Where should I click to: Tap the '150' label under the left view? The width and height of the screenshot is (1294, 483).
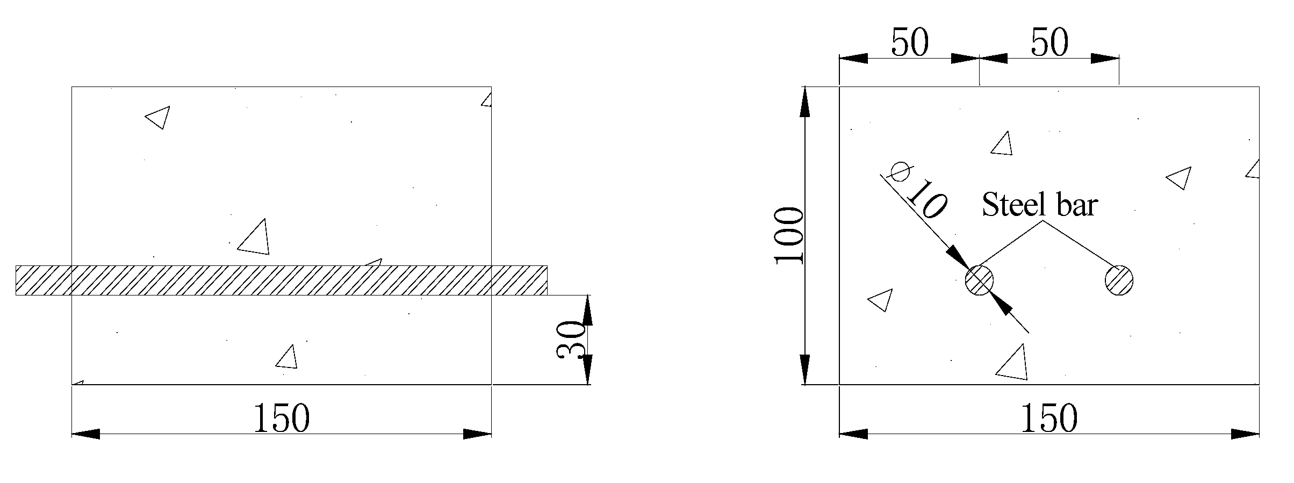click(281, 419)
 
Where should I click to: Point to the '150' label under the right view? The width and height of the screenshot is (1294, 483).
click(1049, 419)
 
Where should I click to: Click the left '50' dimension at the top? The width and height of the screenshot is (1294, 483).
click(909, 42)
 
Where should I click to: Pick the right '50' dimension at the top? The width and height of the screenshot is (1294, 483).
click(1049, 42)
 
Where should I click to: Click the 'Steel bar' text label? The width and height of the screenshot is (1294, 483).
click(1039, 205)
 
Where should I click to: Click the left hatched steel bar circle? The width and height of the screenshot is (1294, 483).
click(979, 280)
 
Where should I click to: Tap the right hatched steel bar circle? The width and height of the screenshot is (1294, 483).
click(1119, 280)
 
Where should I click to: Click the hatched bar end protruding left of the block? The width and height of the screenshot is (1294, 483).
click(44, 280)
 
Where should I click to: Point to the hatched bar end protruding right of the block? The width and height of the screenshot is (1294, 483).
click(520, 280)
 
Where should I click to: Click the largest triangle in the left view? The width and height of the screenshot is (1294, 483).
click(256, 239)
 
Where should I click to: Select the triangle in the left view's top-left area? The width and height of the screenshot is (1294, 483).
click(159, 117)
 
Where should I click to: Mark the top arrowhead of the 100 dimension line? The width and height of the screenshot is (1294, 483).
click(805, 102)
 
